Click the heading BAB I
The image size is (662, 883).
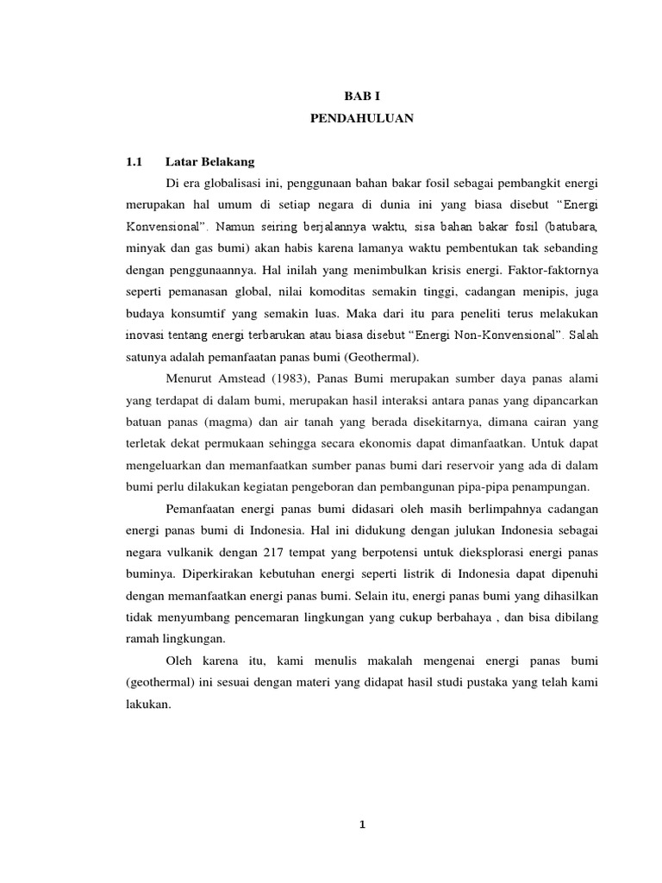click(362, 97)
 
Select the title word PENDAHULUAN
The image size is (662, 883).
click(362, 120)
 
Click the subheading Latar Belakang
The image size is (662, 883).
click(209, 161)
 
